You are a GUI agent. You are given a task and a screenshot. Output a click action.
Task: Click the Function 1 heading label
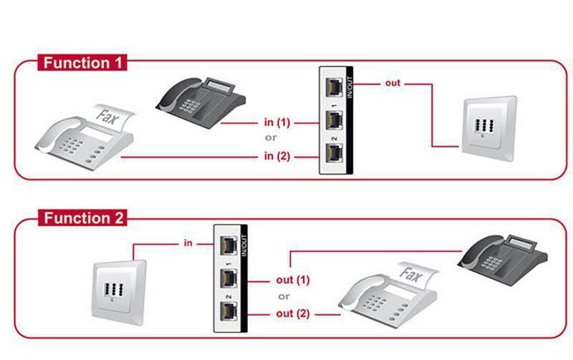(82, 62)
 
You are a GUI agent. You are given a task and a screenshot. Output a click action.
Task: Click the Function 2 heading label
(82, 218)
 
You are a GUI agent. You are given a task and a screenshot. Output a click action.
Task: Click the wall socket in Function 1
(488, 125)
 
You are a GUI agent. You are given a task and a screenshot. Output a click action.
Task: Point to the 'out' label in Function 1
(393, 83)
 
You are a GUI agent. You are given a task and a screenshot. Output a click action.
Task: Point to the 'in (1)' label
(277, 122)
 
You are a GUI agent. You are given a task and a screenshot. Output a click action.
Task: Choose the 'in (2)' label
(277, 155)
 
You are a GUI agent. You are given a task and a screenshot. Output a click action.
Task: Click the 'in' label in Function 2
(188, 243)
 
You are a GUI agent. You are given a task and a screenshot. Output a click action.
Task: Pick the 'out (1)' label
(292, 280)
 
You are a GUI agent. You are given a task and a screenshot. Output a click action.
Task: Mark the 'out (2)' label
(292, 313)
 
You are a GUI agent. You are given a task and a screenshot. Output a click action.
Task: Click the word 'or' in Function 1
(271, 138)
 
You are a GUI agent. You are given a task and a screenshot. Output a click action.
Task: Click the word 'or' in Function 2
(284, 296)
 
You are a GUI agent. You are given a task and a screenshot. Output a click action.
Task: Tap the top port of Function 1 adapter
(333, 87)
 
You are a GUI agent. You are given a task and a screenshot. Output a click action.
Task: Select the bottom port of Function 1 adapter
(333, 153)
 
